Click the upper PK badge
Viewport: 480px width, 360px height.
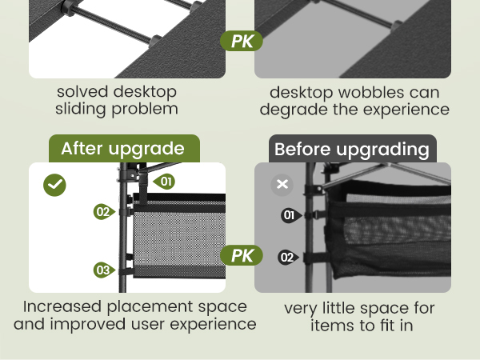tap(242, 41)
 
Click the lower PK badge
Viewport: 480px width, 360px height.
tap(242, 255)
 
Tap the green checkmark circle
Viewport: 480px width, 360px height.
tap(54, 186)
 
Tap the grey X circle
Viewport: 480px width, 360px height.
tap(282, 185)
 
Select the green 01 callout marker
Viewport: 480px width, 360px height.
tap(164, 182)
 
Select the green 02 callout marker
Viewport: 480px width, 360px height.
tap(104, 211)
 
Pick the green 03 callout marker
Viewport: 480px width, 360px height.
tap(104, 270)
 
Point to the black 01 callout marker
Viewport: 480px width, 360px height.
tap(291, 215)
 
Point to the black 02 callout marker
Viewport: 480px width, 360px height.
tap(288, 257)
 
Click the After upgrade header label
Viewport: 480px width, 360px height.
tap(124, 149)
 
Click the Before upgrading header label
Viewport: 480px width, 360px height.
tap(353, 149)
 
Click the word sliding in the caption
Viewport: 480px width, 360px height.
tap(80, 109)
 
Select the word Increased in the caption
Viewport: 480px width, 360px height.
tap(62, 306)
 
